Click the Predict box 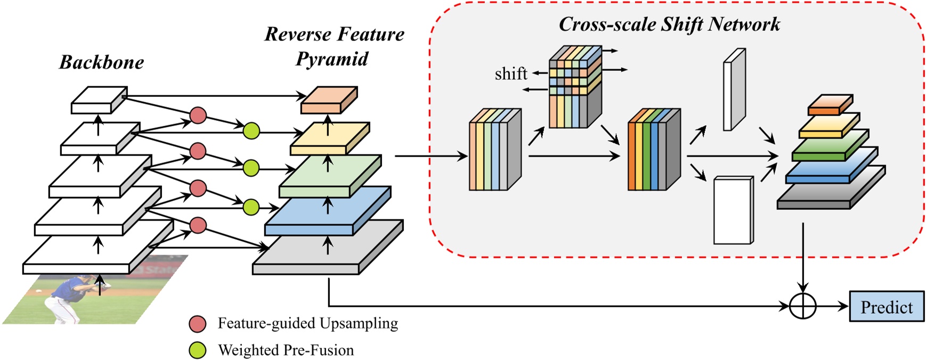(x=887, y=306)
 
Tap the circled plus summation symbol (x=802, y=306)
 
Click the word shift (x=511, y=73)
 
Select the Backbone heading (x=101, y=62)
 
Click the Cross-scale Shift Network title (x=669, y=24)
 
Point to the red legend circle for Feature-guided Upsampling (x=198, y=324)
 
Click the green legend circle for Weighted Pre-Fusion (x=198, y=350)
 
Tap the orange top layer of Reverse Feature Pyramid (x=329, y=100)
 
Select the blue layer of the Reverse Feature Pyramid (x=328, y=211)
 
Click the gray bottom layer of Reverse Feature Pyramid (x=328, y=248)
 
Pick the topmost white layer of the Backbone (x=99, y=100)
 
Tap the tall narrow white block (x=734, y=89)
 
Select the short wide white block (x=733, y=210)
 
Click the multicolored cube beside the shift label (x=575, y=86)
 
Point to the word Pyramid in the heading (x=332, y=59)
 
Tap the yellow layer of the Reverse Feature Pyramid (x=330, y=138)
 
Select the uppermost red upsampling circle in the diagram (x=198, y=115)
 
